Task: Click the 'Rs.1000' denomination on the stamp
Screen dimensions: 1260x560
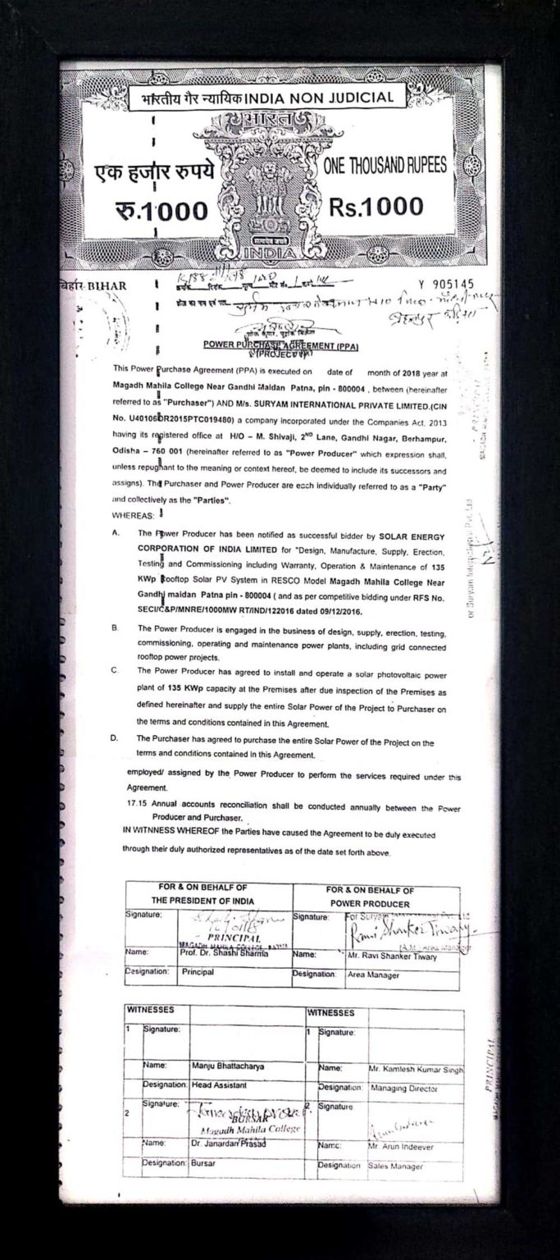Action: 376,207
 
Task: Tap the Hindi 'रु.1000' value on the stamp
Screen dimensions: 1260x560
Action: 163,210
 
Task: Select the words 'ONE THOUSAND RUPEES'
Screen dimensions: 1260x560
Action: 385,165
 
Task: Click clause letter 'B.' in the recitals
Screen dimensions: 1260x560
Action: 113,628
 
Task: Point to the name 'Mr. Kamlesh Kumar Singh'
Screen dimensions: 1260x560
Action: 417,1070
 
